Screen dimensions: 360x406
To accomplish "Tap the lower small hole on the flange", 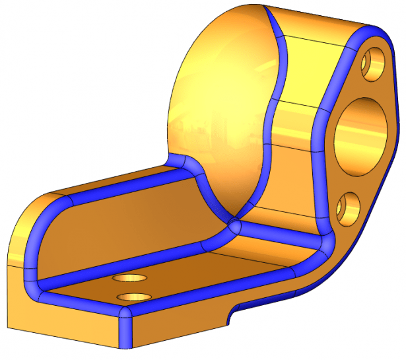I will click(347, 208).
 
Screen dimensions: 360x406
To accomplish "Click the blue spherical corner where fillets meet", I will click(234, 227).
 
